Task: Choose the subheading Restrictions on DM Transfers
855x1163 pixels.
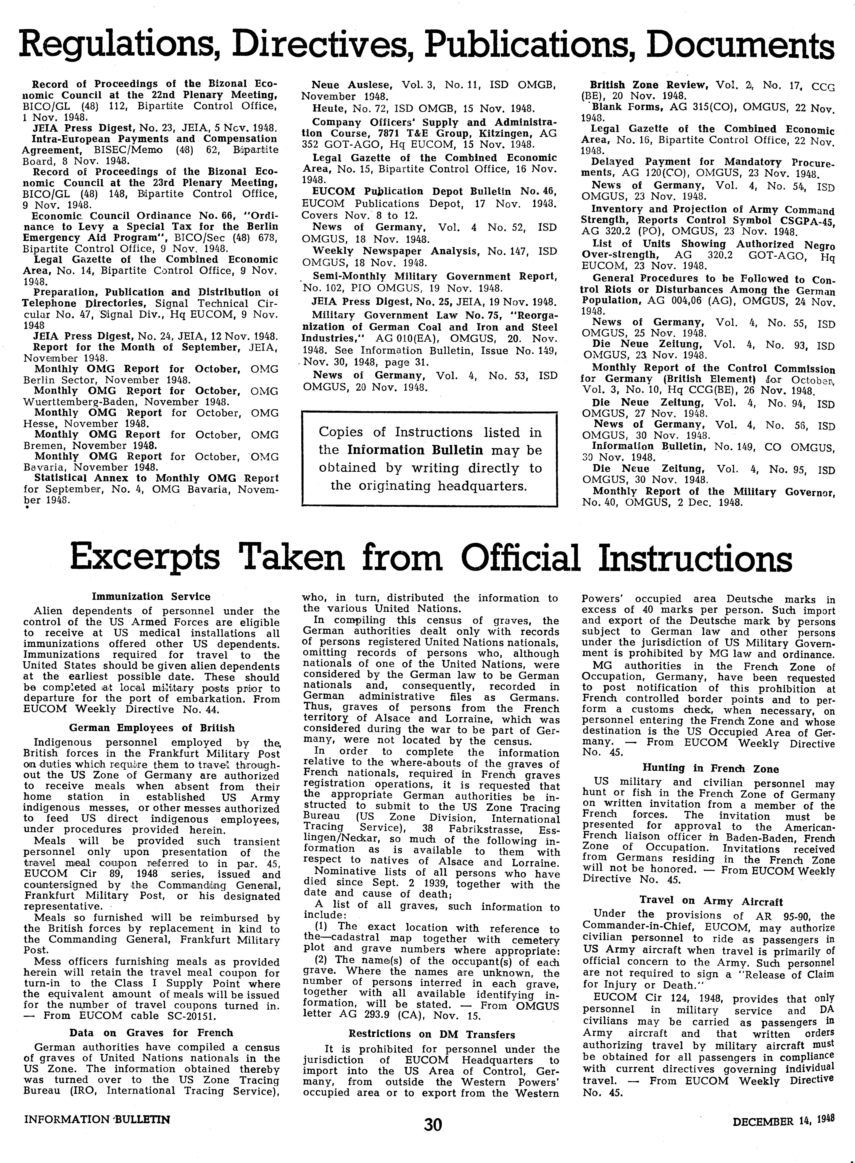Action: [x=432, y=1034]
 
